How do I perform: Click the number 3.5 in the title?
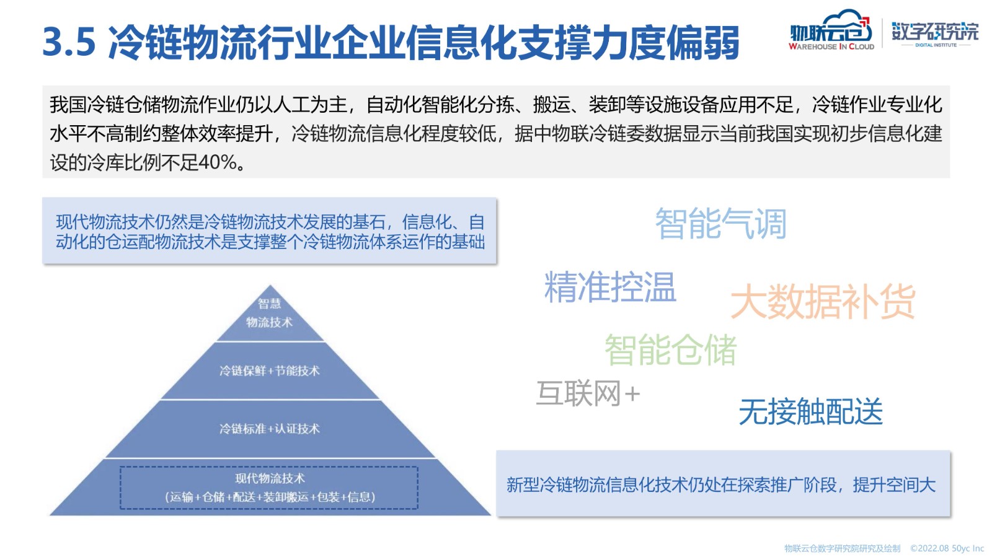coord(69,42)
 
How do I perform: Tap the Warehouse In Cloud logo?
coord(831,30)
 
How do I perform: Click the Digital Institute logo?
coord(935,33)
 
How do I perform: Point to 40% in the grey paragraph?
coord(217,163)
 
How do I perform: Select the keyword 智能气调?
coord(721,224)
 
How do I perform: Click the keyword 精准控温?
coord(610,287)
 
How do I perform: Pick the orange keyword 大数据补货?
coord(823,301)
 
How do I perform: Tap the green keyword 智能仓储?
coord(670,349)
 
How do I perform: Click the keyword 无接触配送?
coord(811,411)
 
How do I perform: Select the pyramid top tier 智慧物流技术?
coord(270,313)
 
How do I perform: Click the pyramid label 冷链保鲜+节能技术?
coord(270,371)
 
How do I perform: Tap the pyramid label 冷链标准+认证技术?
coord(270,429)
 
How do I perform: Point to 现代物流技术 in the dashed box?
coord(270,478)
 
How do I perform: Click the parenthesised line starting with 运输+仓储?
coord(270,498)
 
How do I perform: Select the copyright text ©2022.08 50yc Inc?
coord(947,548)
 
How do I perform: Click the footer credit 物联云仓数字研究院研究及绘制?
coord(843,548)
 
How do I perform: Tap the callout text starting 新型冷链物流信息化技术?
coord(721,485)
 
